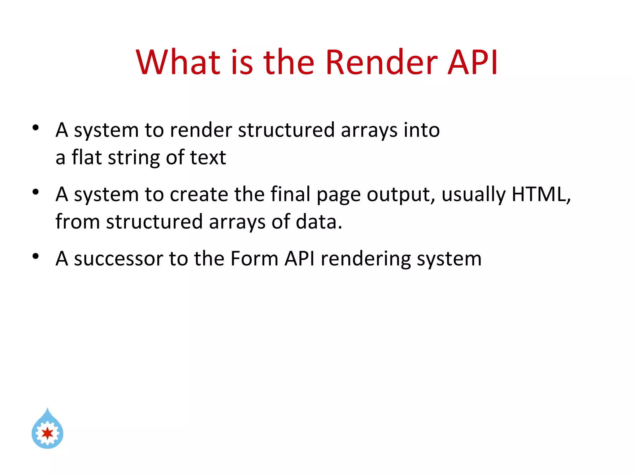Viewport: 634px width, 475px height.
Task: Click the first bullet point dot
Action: [x=36, y=127]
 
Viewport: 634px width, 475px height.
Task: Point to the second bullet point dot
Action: [x=36, y=192]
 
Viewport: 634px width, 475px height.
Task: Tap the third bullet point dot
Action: [x=36, y=256]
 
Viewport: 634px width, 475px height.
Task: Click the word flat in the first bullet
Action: [x=87, y=157]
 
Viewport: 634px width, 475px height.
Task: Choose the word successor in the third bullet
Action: [x=119, y=259]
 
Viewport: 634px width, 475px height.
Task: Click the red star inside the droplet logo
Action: [x=47, y=433]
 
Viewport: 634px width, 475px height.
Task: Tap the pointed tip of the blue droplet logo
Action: [x=47, y=409]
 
